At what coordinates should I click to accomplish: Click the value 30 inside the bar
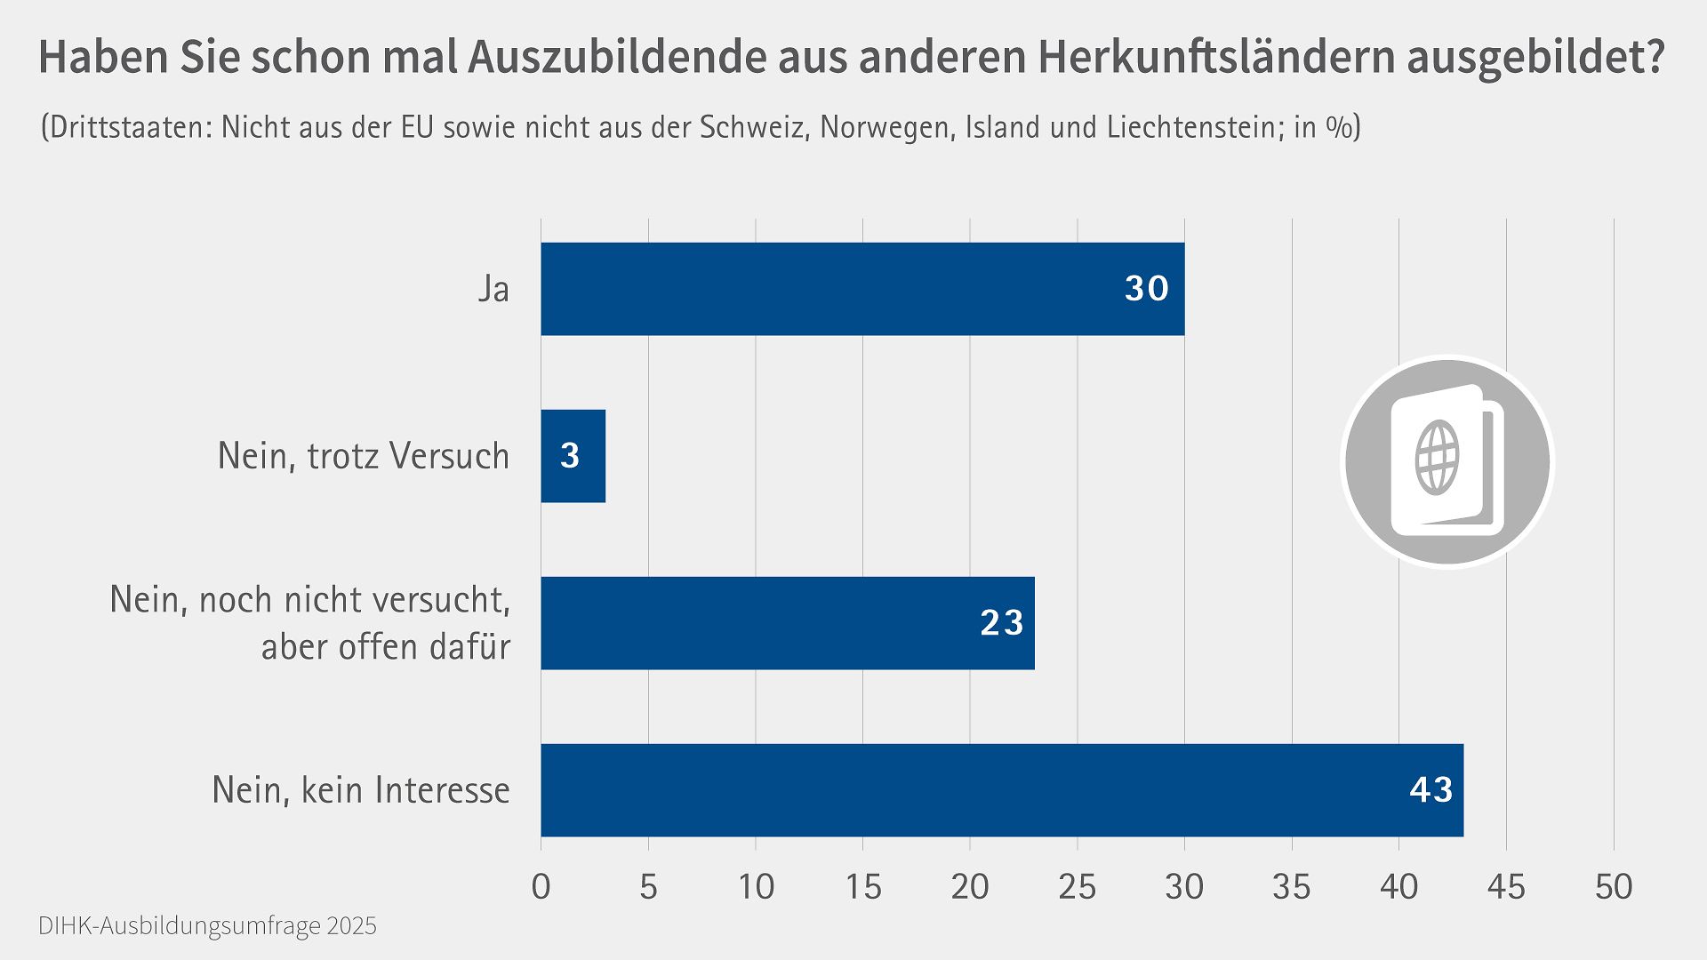1146,289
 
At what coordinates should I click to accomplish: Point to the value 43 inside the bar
1431,790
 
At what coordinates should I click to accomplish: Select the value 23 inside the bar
1002,623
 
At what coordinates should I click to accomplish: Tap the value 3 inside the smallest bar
570,456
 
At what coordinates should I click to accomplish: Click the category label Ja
493,290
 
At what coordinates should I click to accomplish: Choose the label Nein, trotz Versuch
364,457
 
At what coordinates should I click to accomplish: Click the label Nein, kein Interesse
361,790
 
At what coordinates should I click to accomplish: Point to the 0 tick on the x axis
541,887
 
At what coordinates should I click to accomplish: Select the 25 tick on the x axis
1077,887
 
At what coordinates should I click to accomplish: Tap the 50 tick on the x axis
1613,887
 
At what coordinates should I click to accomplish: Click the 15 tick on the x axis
862,887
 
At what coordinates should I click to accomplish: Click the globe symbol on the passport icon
1437,459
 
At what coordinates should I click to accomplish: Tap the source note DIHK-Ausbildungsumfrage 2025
207,926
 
